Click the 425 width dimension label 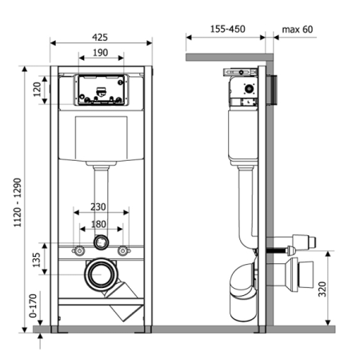(100, 38)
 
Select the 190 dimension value (101, 53)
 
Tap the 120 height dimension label (37, 90)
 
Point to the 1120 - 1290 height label (18, 202)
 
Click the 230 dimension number (98, 207)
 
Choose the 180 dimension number (98, 224)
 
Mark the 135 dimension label (37, 260)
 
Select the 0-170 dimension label (33, 306)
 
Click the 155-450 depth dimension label (228, 29)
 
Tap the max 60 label (298, 30)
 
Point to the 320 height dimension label (322, 289)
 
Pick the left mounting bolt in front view (79, 250)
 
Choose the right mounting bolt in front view (123, 250)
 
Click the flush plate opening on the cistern (102, 90)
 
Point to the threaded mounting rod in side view (276, 250)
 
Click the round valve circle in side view (249, 89)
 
